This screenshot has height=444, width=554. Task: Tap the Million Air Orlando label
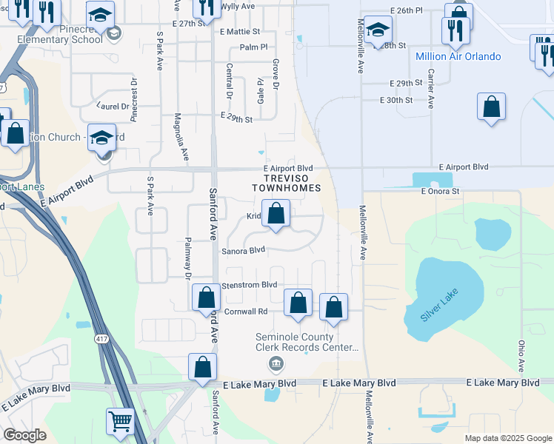(x=458, y=56)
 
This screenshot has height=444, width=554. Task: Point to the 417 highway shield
(x=101, y=338)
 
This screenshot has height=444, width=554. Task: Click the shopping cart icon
(x=120, y=421)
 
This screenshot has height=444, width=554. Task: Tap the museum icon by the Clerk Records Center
(x=276, y=363)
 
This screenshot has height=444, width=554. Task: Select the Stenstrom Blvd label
(x=249, y=284)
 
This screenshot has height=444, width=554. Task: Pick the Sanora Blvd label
(x=243, y=251)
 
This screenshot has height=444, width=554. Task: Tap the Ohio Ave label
(x=521, y=356)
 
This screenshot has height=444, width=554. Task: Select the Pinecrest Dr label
(x=134, y=99)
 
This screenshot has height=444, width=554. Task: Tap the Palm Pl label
(x=253, y=47)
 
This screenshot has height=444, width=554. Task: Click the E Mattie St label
(x=240, y=32)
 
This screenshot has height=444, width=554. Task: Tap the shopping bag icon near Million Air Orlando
(x=491, y=107)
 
